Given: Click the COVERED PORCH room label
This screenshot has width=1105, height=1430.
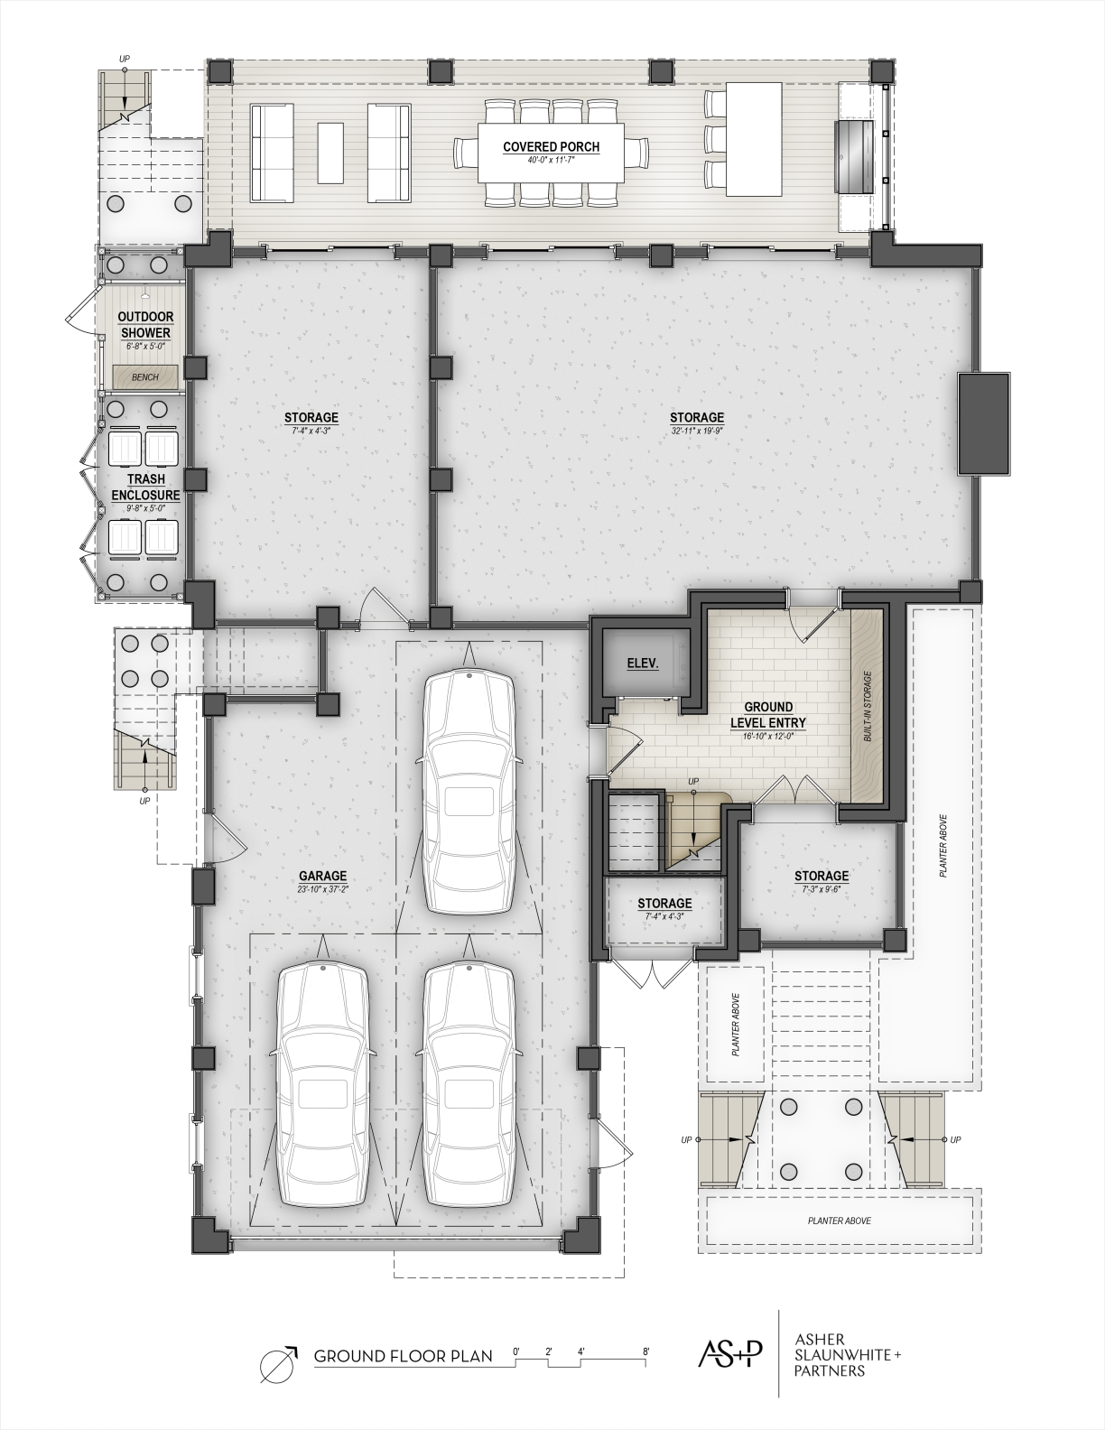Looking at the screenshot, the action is coord(551,147).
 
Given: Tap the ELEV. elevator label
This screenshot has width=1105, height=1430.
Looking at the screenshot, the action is coord(643,664).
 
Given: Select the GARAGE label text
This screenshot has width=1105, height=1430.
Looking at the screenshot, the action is coord(322,876).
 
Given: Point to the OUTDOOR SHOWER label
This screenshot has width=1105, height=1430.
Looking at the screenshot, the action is coord(145,324).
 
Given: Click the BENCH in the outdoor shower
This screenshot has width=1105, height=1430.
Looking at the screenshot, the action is coord(145,377).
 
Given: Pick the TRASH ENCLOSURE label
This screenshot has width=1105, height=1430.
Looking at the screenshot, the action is coord(145,487).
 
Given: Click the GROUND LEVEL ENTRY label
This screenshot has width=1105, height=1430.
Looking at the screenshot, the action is coord(768,715).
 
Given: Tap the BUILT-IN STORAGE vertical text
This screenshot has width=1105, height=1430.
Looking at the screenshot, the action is coord(868,706).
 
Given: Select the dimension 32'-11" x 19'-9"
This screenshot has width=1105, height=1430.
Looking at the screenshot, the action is coord(697,431).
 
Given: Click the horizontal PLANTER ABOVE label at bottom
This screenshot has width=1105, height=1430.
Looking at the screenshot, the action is coord(839,1221).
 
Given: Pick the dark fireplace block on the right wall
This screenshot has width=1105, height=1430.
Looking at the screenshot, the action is coord(984,423).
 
